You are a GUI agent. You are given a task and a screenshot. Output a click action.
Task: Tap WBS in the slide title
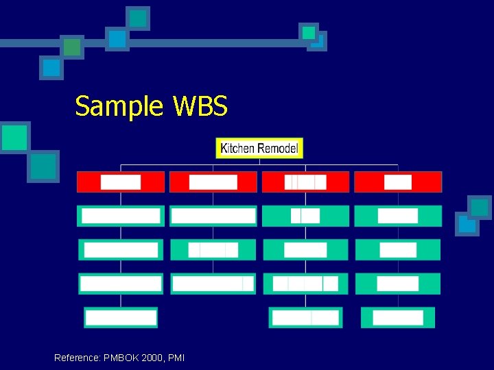click(x=200, y=107)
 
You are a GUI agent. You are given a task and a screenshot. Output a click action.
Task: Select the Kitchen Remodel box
click(x=259, y=148)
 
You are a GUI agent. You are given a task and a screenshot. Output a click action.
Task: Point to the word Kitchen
click(x=237, y=148)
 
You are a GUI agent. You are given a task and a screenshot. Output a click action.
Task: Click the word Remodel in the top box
click(x=277, y=148)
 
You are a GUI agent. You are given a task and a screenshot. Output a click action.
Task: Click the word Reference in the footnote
click(x=76, y=358)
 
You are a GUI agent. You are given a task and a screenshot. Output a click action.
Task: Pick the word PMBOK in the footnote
click(x=120, y=358)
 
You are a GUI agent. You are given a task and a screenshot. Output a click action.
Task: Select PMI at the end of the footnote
click(x=176, y=358)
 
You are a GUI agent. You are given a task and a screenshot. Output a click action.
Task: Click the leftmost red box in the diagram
click(x=121, y=182)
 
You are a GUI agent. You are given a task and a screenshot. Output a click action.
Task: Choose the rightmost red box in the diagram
click(x=398, y=182)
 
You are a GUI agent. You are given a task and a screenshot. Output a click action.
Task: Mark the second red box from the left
click(x=213, y=182)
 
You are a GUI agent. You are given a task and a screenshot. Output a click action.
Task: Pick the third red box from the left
click(x=306, y=182)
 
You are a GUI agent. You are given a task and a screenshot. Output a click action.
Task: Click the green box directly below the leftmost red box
click(x=121, y=216)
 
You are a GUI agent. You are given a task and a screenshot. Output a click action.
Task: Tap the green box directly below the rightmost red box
click(x=398, y=216)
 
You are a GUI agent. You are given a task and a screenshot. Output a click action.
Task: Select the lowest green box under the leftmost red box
click(x=121, y=317)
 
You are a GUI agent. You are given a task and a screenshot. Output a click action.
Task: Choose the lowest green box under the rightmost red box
click(x=403, y=317)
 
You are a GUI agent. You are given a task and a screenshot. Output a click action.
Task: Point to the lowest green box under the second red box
click(x=213, y=284)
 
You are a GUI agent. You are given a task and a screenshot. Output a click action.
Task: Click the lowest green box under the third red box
click(x=305, y=317)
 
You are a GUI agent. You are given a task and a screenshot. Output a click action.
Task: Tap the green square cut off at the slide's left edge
click(x=14, y=137)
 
